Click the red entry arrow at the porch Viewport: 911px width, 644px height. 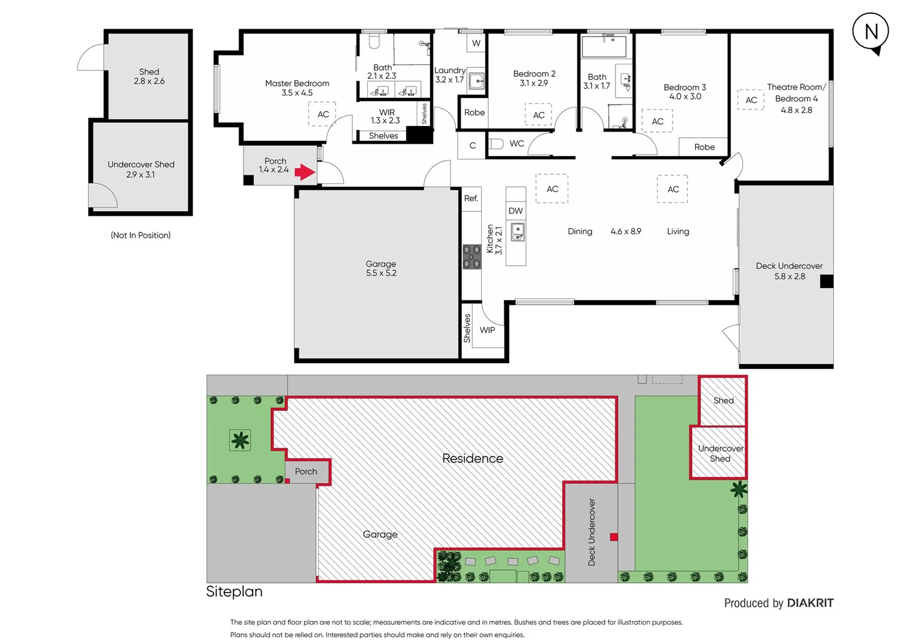pos(305,172)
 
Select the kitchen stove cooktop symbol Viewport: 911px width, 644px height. pos(472,257)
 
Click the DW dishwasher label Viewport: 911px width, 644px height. pos(516,210)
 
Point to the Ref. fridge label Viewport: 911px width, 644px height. pos(471,199)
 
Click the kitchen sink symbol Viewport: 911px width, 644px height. pos(518,232)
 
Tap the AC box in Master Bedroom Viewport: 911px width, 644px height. pos(323,114)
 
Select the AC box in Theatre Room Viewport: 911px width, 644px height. pos(751,100)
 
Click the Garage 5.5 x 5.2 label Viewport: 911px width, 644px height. pos(381,268)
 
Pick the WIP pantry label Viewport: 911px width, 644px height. pos(487,330)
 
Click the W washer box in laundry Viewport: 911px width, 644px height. pos(476,43)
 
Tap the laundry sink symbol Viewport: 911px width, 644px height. pos(476,80)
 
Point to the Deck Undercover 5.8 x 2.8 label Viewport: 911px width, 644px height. pos(789,271)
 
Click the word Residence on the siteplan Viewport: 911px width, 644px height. pos(472,458)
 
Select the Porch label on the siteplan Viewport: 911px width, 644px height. pos(306,471)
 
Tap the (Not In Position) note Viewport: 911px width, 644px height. pos(141,235)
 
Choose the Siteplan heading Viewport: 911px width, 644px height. pos(234,591)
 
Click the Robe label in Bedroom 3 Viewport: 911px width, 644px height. pos(704,147)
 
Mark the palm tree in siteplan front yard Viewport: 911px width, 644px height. pos(240,441)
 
